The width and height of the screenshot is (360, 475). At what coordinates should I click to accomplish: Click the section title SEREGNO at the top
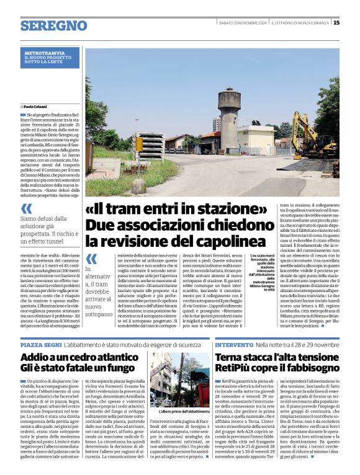[53, 25]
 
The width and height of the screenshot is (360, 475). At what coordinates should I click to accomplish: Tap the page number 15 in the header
[336, 23]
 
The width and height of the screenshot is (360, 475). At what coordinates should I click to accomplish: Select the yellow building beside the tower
[256, 139]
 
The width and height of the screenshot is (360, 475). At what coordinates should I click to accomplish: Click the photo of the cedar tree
[180, 380]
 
